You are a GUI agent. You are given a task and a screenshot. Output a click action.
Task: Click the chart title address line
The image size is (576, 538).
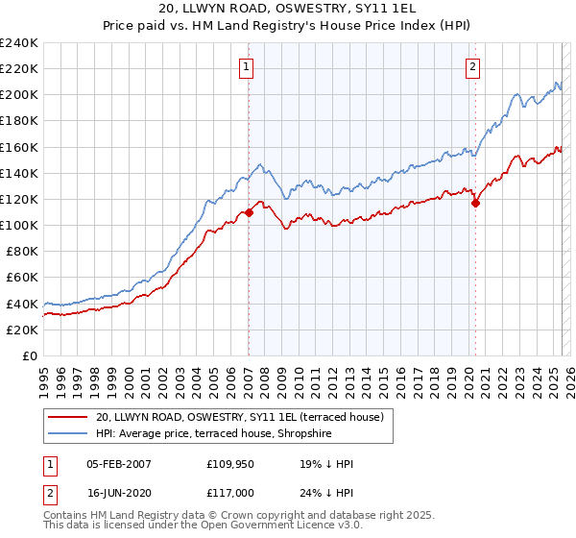click(288, 9)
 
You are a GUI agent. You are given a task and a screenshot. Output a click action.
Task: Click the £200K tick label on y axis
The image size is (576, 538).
click(19, 95)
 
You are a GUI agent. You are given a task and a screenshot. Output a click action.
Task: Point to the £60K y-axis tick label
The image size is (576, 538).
click(22, 278)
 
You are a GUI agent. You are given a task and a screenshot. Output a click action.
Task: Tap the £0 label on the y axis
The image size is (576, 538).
click(31, 355)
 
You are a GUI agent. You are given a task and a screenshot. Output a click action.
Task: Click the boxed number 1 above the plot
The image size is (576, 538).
click(248, 66)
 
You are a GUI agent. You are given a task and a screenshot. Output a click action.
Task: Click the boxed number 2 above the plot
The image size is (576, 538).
click(474, 66)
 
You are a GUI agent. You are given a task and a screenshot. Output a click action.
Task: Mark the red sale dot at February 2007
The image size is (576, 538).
click(249, 212)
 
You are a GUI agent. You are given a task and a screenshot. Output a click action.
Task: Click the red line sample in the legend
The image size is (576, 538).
click(68, 417)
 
